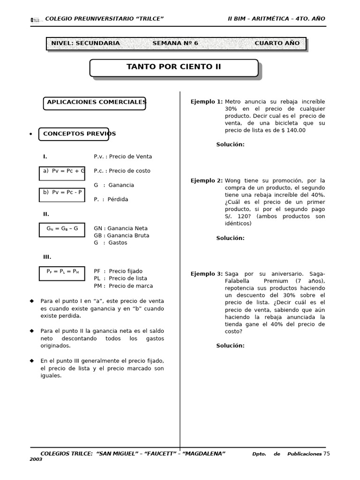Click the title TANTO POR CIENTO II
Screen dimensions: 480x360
173,67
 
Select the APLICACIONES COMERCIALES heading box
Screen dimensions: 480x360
94,103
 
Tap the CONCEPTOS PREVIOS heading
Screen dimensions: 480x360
74,134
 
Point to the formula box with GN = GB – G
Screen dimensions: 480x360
62,229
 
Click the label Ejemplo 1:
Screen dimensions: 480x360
206,102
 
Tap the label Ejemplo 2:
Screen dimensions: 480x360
206,181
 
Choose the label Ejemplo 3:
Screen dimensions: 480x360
206,274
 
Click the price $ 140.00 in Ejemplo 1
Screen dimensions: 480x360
292,130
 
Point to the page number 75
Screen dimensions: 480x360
327,453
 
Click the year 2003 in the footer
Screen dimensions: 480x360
36,459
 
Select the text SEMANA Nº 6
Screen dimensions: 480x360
175,43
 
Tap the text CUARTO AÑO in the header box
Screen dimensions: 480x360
277,43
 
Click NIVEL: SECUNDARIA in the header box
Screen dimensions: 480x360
85,43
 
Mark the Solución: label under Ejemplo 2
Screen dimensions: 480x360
230,238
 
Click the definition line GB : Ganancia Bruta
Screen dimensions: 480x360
121,236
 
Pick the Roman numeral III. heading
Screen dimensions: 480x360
47,257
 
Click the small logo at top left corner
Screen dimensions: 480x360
35,20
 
